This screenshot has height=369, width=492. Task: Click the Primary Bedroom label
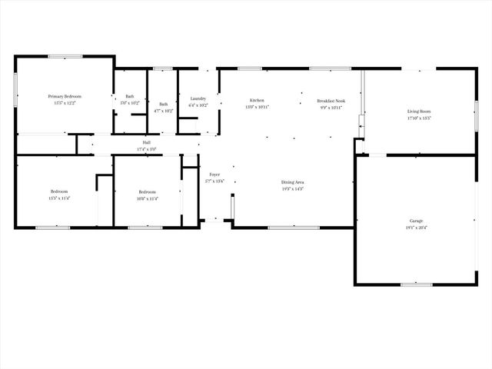tap(65, 96)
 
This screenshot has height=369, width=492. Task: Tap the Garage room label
tap(416, 220)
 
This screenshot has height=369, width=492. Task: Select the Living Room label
tap(419, 111)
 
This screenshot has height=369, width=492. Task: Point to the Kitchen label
tap(257, 101)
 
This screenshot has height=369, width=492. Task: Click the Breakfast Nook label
tap(331, 101)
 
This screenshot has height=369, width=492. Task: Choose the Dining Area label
tap(293, 181)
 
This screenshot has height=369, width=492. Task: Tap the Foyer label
tap(214, 175)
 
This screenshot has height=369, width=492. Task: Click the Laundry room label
tap(198, 98)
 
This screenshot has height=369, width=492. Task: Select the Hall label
tap(146, 142)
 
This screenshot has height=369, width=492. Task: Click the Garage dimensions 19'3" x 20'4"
tap(416, 228)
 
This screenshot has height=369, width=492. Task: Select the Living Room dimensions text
tap(419, 118)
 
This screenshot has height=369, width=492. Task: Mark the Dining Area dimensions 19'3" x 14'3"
tap(293, 188)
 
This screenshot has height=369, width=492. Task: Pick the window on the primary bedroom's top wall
tap(65, 56)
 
